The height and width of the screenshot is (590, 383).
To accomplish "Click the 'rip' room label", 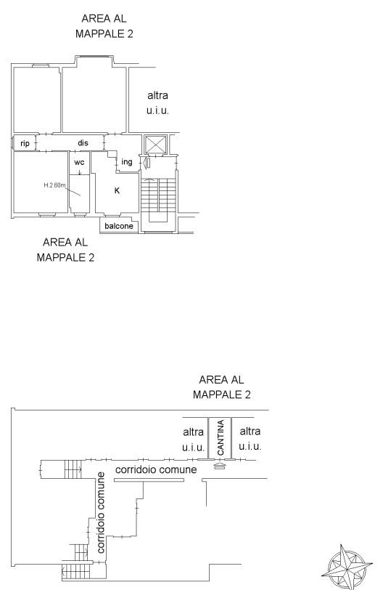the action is [x=25, y=143].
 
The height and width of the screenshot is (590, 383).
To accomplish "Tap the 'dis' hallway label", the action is [x=83, y=142].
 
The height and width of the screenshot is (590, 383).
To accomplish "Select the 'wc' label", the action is [x=79, y=162].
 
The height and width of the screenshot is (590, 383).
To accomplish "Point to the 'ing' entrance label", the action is [x=127, y=162].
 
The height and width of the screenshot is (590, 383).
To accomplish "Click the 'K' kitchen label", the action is [x=117, y=191].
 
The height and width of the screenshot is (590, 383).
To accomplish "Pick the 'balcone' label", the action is [x=119, y=226].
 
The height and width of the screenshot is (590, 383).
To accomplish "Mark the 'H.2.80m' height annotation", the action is [x=54, y=185].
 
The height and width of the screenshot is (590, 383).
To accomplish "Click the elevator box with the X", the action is [x=155, y=145].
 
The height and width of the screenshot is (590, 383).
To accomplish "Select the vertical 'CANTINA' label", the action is [x=221, y=437].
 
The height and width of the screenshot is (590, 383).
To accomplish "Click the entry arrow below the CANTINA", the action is [x=220, y=466].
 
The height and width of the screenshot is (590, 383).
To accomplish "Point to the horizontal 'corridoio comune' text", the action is [x=156, y=469].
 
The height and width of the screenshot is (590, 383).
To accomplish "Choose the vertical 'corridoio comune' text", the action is [x=101, y=513].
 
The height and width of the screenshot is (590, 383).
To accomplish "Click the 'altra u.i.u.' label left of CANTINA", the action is [x=194, y=439].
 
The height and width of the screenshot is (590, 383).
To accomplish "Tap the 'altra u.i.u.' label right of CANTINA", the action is [x=250, y=439].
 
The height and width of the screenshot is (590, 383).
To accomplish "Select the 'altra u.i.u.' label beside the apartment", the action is [x=157, y=102].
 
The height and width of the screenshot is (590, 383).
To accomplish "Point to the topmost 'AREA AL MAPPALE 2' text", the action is [x=104, y=26].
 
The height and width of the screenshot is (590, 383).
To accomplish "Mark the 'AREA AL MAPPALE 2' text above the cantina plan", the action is [x=221, y=387].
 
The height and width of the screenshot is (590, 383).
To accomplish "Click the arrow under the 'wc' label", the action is [x=79, y=171].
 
